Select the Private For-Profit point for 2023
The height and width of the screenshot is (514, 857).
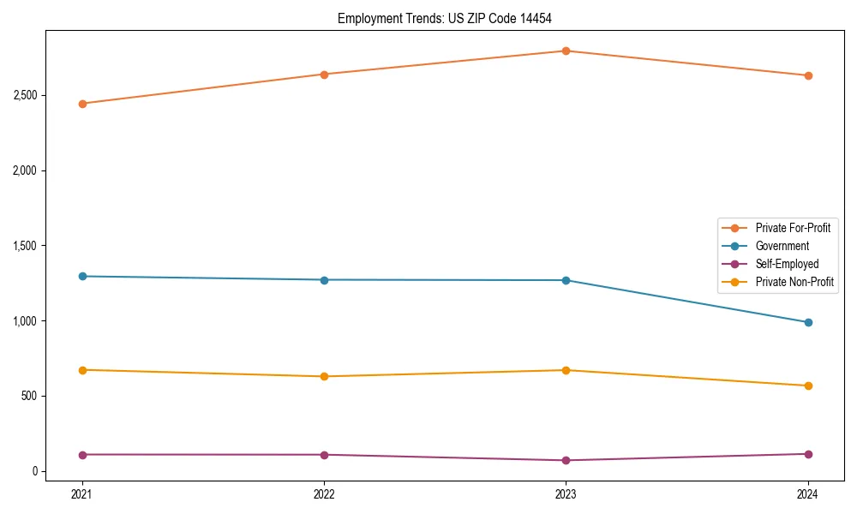566,51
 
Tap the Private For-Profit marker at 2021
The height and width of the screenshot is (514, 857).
82,104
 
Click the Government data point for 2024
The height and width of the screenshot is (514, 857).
808,322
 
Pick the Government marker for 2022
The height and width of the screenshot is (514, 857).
324,280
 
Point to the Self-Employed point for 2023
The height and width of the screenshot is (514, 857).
566,460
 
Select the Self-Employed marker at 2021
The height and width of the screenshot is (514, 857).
82,454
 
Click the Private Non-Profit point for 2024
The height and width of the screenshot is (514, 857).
808,385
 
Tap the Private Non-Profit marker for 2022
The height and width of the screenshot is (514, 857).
324,376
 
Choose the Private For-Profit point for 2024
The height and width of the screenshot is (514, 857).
808,75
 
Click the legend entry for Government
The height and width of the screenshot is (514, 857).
782,246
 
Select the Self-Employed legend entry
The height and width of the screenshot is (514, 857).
787,264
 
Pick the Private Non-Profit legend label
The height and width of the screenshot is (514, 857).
794,282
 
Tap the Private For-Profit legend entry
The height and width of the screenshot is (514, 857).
793,228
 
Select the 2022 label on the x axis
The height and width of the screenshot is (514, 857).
324,494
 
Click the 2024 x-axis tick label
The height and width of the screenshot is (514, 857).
808,494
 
